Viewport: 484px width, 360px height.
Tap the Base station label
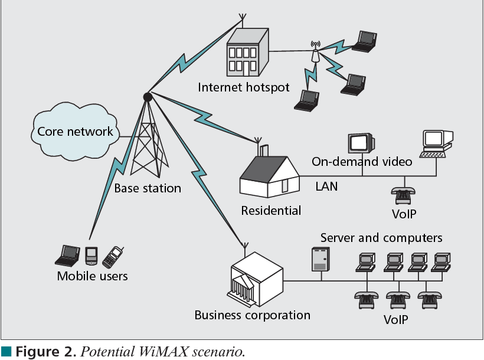[x=148, y=189]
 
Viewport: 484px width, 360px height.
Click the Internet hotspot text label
[x=244, y=87]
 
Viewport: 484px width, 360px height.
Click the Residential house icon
[x=269, y=175]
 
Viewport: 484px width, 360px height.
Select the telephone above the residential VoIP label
[x=404, y=195]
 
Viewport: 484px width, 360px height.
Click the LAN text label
[x=326, y=187]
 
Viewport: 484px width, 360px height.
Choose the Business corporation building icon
[x=257, y=280]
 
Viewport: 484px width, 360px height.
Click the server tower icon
[x=319, y=259]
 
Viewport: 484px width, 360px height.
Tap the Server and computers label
[x=381, y=238]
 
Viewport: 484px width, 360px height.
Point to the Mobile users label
[x=92, y=276]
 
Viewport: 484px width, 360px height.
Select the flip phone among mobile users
[x=112, y=256]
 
